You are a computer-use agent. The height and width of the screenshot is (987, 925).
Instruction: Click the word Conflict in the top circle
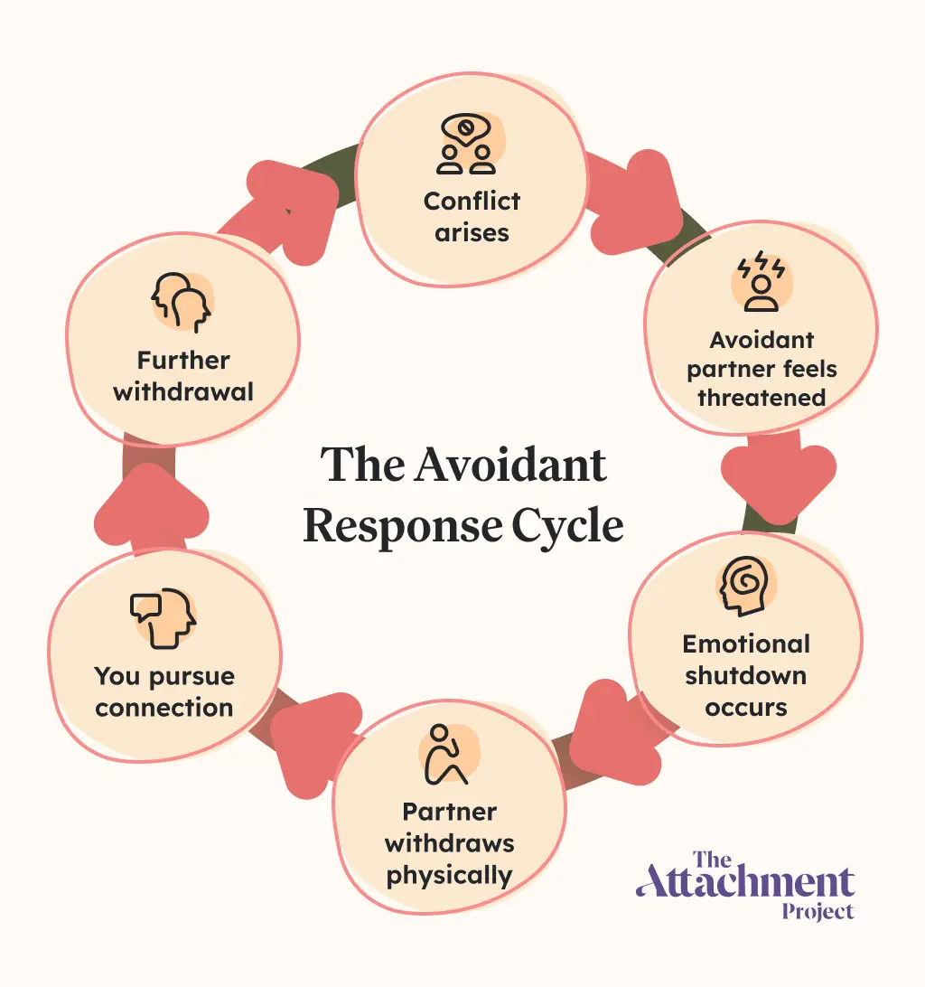tap(472, 201)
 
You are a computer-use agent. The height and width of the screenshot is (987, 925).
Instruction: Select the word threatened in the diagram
tap(761, 398)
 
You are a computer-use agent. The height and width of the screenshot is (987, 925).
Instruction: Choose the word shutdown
tap(746, 675)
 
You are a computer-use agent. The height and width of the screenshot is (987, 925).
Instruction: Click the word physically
tap(449, 875)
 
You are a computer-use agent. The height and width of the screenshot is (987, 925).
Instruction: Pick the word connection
tap(164, 707)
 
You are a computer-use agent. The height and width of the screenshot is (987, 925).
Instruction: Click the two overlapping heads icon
tap(182, 302)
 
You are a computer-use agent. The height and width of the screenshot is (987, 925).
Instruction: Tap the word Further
tap(183, 361)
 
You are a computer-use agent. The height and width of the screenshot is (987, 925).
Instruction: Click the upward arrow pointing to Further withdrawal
tap(151, 511)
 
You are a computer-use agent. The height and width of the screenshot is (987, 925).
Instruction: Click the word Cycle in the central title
tap(569, 525)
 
